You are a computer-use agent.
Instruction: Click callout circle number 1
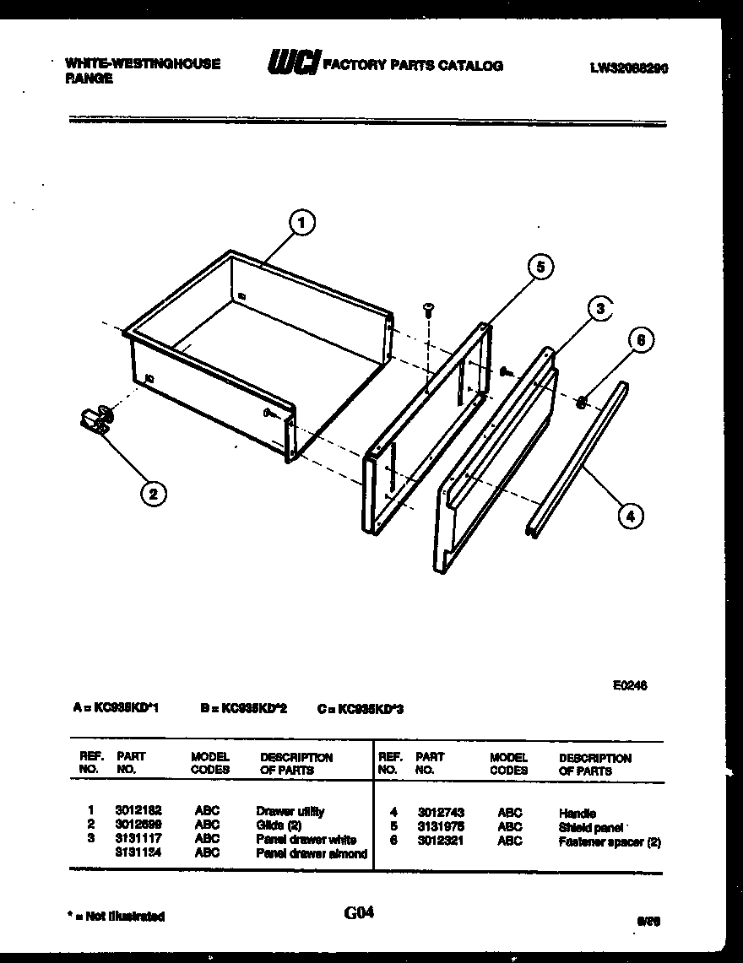click(x=301, y=223)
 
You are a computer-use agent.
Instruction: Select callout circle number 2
click(x=153, y=494)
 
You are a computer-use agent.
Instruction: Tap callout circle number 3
click(x=599, y=309)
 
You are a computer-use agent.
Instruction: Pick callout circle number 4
click(x=630, y=514)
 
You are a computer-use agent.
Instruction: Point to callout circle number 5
click(x=540, y=267)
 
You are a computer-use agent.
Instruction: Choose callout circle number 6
click(x=641, y=340)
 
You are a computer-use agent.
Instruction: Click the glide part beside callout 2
click(x=97, y=418)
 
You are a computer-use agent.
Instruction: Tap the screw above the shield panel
click(x=428, y=309)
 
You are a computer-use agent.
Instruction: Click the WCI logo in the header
click(x=293, y=62)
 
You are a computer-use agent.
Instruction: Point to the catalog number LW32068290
click(x=628, y=70)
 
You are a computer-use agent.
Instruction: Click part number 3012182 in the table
click(x=138, y=811)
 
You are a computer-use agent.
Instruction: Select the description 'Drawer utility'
click(x=290, y=811)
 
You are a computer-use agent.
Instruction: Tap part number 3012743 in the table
click(x=440, y=813)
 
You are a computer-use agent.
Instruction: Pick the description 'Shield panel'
click(x=590, y=827)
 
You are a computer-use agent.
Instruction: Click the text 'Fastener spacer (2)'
click(x=609, y=841)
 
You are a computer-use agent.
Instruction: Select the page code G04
click(x=359, y=912)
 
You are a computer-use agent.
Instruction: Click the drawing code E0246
click(x=630, y=686)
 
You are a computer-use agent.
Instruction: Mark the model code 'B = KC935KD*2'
click(x=244, y=709)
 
